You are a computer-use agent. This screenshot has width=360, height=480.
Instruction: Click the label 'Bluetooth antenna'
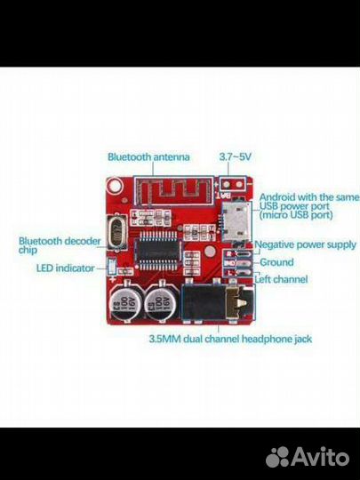coord(148,157)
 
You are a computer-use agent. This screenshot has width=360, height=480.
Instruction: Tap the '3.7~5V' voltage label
coord(234,157)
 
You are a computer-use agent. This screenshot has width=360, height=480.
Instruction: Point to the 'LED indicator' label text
coord(68,268)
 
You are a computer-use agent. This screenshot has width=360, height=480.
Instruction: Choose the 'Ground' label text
coord(276,263)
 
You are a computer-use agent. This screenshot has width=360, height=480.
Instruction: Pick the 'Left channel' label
coord(284,278)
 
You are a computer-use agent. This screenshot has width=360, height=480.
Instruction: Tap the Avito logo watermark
coord(307,457)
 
